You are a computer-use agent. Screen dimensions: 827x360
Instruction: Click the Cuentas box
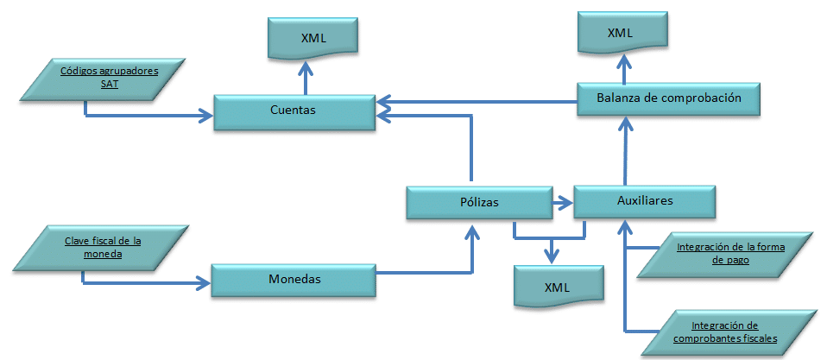[294, 111]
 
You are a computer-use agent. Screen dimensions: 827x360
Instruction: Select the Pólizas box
[479, 202]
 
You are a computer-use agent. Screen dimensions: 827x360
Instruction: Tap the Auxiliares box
[645, 201]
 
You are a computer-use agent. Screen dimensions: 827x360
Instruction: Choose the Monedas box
[294, 280]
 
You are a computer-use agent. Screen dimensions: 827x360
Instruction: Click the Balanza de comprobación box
[669, 98]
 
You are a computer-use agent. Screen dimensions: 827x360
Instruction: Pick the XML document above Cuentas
[313, 38]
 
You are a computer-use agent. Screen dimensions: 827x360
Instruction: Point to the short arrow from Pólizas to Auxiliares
[562, 202]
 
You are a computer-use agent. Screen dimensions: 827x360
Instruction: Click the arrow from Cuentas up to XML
[305, 77]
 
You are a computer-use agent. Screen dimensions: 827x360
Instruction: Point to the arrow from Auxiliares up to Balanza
[625, 151]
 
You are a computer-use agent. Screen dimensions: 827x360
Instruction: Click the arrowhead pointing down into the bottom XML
[552, 256]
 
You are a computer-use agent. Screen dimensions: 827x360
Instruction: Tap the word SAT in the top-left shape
[109, 84]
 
